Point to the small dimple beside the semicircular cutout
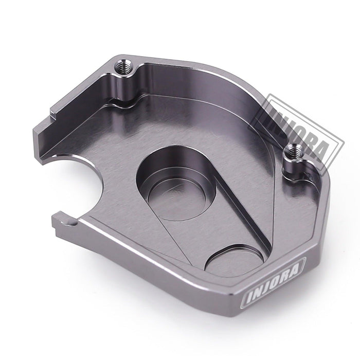tap(70, 222)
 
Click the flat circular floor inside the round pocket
tap(177, 200)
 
